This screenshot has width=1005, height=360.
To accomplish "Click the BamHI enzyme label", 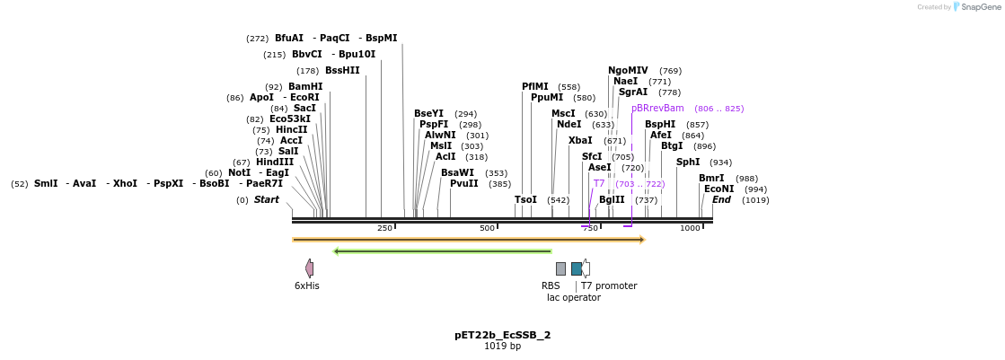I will click(x=305, y=87).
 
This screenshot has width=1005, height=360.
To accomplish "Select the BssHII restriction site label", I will click(x=342, y=71).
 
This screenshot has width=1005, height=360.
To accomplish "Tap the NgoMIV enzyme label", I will click(x=628, y=70).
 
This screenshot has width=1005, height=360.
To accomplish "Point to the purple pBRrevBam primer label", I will click(x=657, y=109).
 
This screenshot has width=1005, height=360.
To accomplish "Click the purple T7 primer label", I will click(x=599, y=184).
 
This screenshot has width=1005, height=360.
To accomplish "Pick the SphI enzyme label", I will click(x=688, y=162).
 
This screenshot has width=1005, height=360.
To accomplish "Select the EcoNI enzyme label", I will click(x=718, y=189).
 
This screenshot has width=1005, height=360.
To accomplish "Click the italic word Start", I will click(x=266, y=200).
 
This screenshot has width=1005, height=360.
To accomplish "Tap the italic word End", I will click(x=721, y=200).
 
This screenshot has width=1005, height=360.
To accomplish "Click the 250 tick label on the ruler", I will click(x=384, y=229).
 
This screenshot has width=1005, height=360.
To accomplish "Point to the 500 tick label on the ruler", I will click(x=488, y=229).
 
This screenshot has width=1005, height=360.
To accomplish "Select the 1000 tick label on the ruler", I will click(x=690, y=229).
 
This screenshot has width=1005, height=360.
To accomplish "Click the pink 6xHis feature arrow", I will click(x=309, y=268).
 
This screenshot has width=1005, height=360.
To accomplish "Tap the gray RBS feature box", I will click(x=560, y=268).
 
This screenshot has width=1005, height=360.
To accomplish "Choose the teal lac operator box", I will click(x=577, y=268).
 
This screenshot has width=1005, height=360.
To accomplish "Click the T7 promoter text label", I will click(x=609, y=286).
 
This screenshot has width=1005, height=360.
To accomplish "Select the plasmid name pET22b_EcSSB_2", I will click(x=502, y=335).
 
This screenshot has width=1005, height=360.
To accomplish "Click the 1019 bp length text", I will click(x=502, y=347).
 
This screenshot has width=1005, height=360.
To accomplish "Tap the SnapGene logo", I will click(x=976, y=7).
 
